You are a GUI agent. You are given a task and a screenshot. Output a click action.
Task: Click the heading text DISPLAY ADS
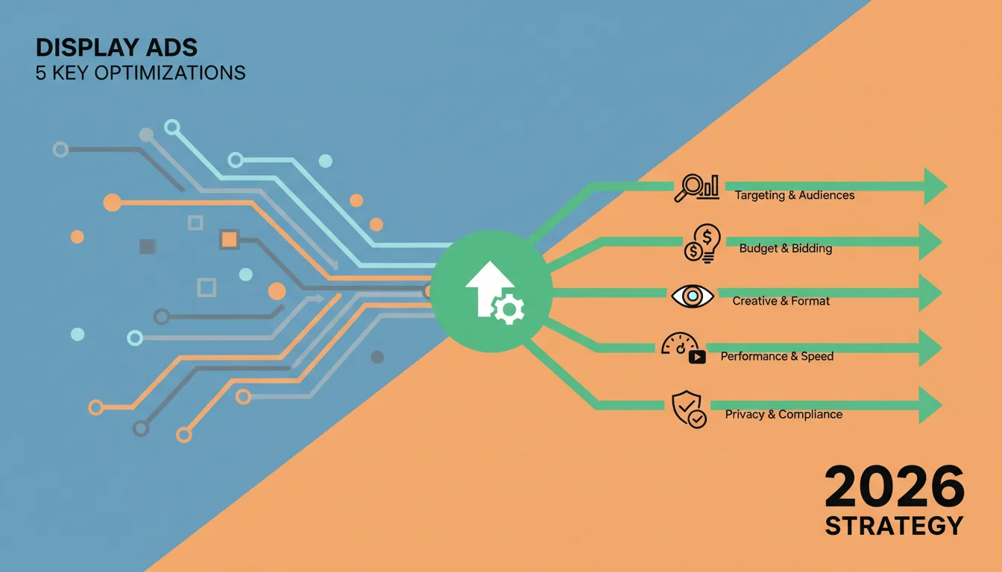(116, 48)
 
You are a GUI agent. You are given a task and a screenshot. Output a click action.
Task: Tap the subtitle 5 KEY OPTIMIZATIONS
(140, 73)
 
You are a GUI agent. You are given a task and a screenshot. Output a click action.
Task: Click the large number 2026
(894, 486)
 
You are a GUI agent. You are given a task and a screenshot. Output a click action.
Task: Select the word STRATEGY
(894, 526)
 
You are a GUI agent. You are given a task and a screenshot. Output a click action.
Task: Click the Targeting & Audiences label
(795, 195)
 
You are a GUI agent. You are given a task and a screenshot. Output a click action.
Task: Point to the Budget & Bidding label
(786, 248)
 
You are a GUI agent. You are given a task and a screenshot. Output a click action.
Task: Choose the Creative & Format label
(781, 301)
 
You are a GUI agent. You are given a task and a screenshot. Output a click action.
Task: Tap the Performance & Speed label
(777, 356)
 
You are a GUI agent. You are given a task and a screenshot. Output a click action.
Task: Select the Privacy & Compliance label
(784, 414)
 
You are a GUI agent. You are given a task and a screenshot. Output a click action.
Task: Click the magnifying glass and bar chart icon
(696, 188)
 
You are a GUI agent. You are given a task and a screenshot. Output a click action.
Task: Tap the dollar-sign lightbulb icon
(702, 243)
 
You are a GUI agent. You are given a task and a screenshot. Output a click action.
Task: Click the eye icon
(693, 296)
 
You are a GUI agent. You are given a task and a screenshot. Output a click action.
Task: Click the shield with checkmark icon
(689, 410)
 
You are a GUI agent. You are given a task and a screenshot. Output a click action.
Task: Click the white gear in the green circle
(508, 309)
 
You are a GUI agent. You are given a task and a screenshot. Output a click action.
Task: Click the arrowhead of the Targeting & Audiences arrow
(936, 186)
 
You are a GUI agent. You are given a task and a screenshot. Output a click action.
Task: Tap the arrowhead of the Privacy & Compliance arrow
(930, 405)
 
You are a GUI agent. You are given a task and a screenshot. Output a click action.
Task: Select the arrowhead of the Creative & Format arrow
(930, 293)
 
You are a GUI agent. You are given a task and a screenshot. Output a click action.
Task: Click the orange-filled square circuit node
(230, 240)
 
